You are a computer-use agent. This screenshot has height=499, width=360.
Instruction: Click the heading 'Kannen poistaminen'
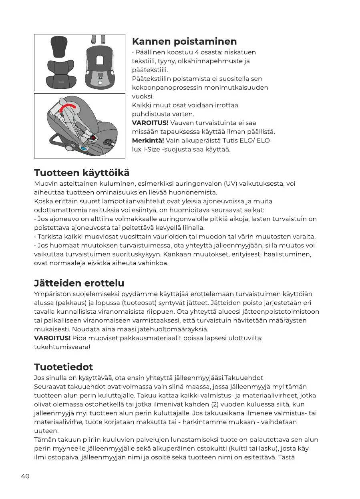(184, 42)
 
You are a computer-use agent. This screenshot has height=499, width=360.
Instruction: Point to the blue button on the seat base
(84, 148)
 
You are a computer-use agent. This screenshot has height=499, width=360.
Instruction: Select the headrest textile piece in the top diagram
(59, 46)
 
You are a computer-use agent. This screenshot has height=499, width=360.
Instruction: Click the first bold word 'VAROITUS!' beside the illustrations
(150, 123)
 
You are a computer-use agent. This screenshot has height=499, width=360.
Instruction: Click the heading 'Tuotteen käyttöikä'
(82, 173)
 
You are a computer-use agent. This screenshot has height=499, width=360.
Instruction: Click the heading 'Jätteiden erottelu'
(79, 283)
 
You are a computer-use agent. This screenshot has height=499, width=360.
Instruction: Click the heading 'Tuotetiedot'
(63, 367)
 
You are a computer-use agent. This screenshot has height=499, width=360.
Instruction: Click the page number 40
(25, 476)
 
